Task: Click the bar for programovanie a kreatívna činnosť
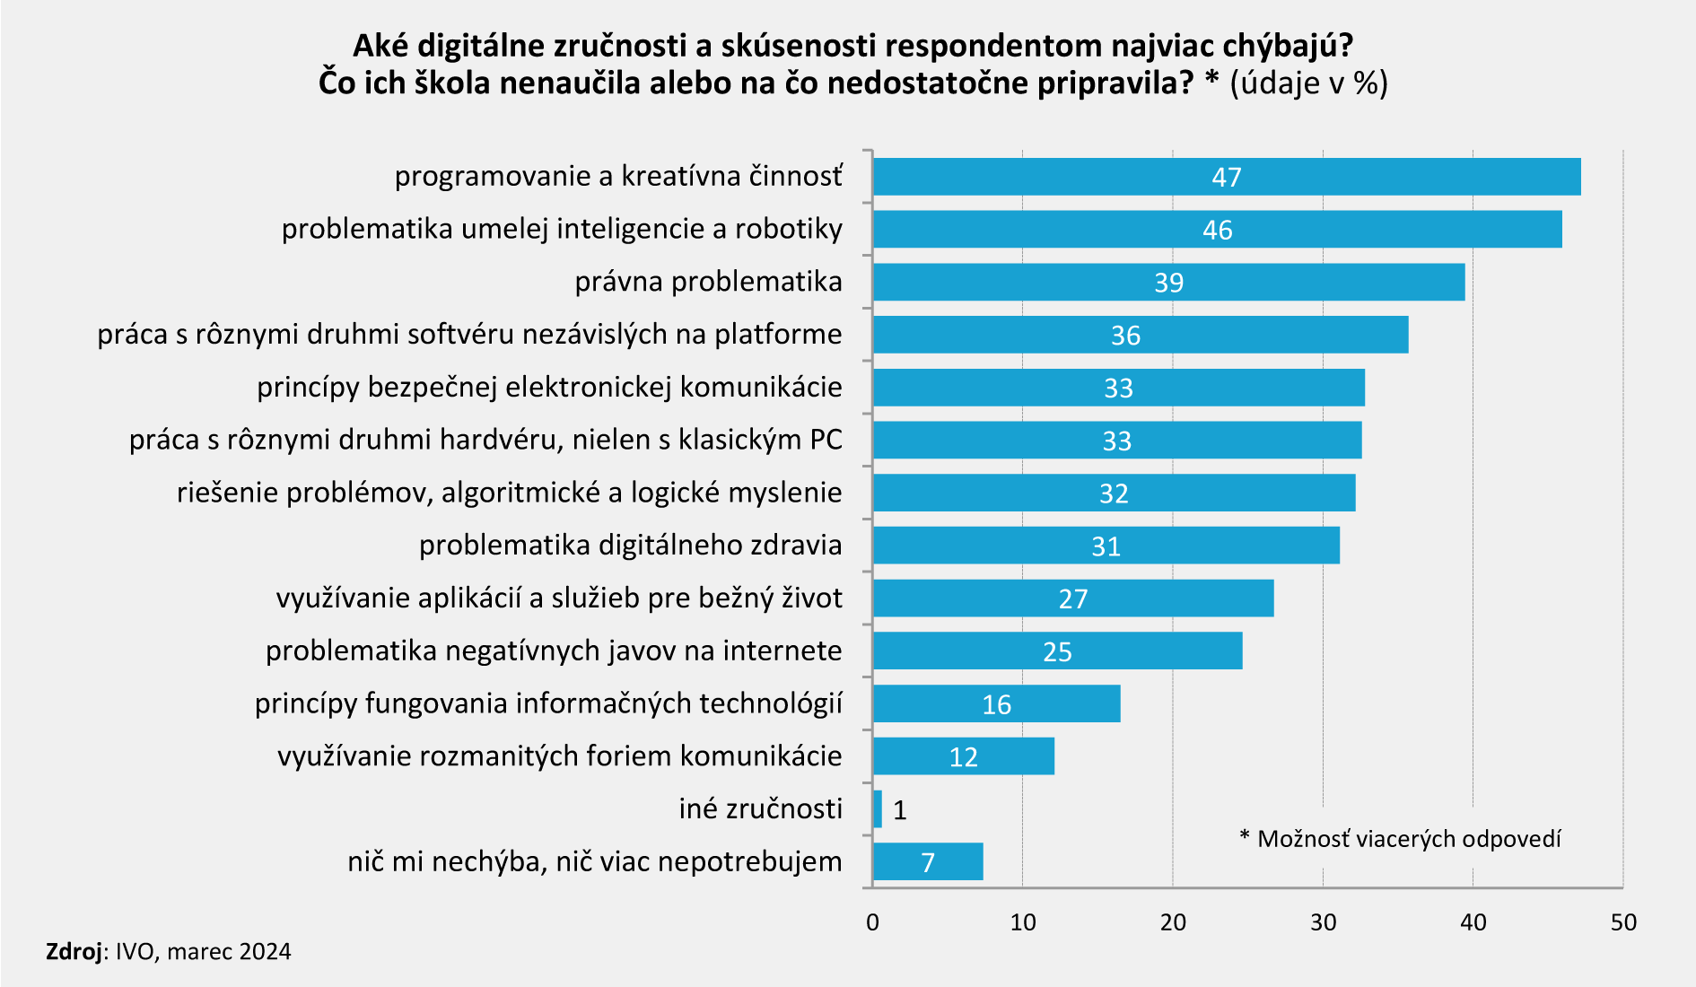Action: click(1226, 177)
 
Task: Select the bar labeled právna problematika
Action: click(1168, 282)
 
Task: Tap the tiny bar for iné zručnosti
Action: click(878, 809)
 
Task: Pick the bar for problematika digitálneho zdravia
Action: click(1106, 546)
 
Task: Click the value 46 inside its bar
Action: click(1218, 231)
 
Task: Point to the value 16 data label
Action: click(996, 705)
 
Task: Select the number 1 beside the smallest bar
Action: click(900, 811)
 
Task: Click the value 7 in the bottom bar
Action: click(928, 863)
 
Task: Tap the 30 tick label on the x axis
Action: click(1323, 923)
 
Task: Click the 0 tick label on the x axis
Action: click(872, 923)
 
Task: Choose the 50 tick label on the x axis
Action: click(1623, 923)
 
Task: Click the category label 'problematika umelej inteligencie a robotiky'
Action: click(562, 229)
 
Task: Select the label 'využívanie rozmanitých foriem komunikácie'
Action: click(559, 756)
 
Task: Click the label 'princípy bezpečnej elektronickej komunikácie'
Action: click(549, 387)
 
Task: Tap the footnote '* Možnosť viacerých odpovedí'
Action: click(1400, 839)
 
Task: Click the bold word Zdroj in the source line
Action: click(74, 952)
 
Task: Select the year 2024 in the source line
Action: click(265, 952)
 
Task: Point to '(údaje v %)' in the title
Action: click(1308, 83)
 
